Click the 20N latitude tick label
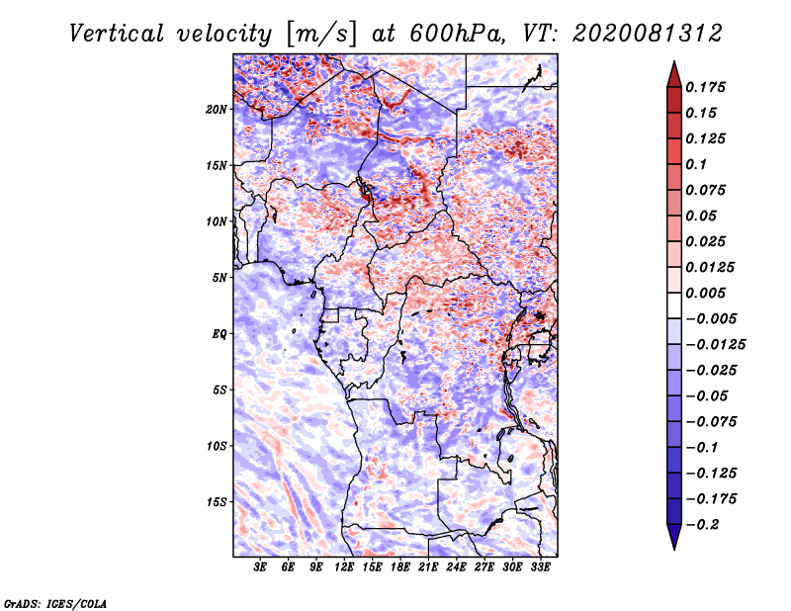click(217, 110)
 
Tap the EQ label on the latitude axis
click(219, 334)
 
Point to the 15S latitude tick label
click(217, 502)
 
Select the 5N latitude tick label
click(220, 278)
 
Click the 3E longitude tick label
click(260, 567)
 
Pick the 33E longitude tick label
click(540, 567)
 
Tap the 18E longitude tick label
click(400, 567)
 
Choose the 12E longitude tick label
click(344, 567)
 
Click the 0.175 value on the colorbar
click(705, 87)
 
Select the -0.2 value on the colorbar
click(702, 525)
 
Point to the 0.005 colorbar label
click(705, 293)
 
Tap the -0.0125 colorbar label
click(715, 345)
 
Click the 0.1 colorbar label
click(696, 164)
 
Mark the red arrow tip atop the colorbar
click(674, 62)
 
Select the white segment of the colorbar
click(674, 305)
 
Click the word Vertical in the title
click(117, 34)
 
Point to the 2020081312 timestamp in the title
click(648, 34)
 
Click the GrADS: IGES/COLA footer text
click(55, 603)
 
